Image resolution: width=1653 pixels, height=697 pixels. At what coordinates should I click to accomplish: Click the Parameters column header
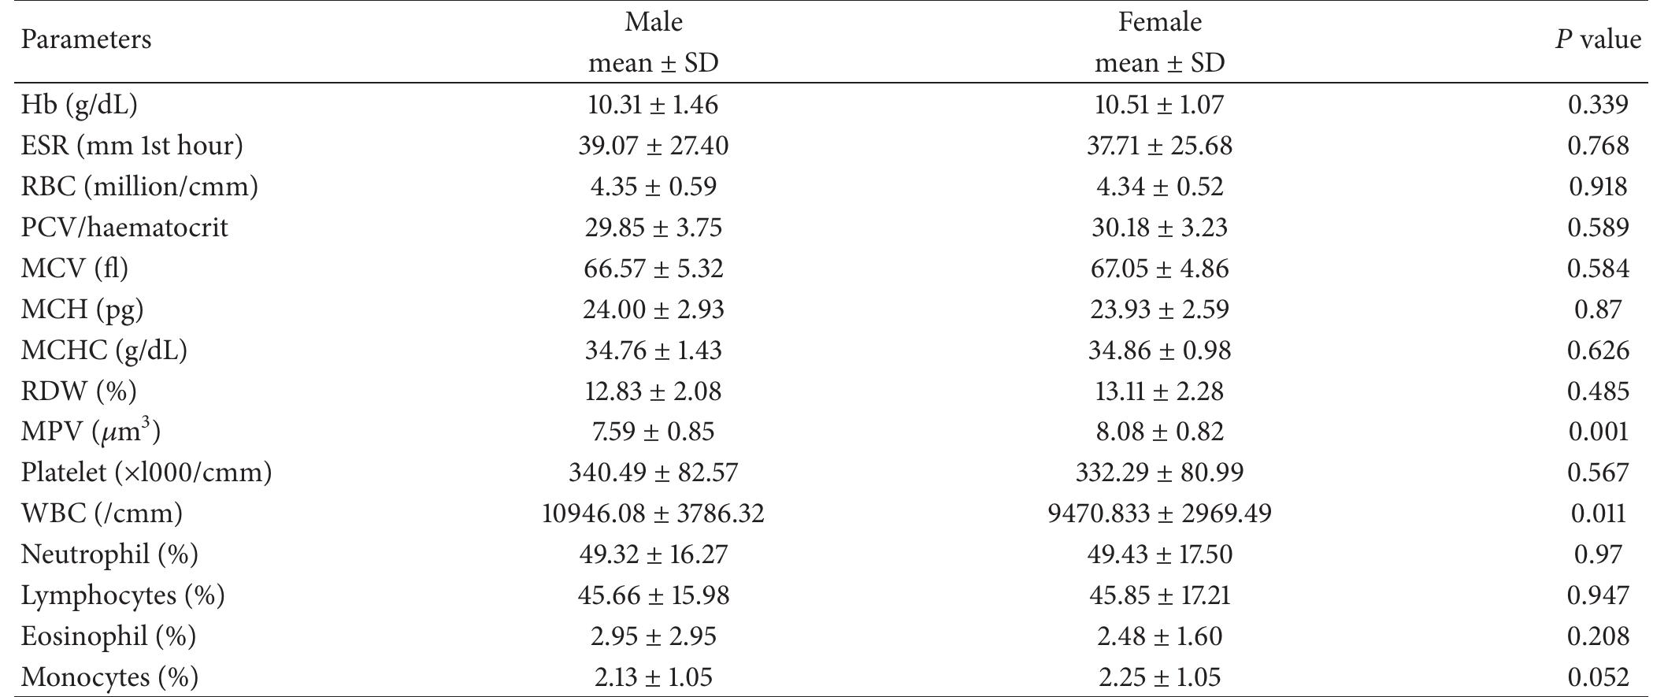[x=86, y=39]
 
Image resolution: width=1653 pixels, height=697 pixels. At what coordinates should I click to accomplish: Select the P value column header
[x=1598, y=39]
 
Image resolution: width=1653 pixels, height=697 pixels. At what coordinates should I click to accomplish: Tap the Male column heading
[x=653, y=22]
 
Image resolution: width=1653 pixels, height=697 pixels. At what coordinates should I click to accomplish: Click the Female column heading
[x=1159, y=22]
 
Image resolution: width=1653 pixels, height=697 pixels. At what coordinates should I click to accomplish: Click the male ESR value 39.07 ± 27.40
[x=653, y=146]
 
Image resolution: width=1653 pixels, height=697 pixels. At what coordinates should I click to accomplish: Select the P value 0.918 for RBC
[x=1598, y=187]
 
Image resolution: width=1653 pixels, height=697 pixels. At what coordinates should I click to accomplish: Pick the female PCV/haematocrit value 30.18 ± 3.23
[x=1159, y=228]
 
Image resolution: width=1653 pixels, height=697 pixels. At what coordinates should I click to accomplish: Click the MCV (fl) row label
[x=74, y=269]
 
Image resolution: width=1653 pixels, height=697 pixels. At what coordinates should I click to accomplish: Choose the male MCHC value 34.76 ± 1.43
[x=653, y=350]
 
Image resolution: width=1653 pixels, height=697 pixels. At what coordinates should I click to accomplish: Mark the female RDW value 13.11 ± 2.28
[x=1159, y=391]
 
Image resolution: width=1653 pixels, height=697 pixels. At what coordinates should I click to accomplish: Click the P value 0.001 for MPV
[x=1598, y=432]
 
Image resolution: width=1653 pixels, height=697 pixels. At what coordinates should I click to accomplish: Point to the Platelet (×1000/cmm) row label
[x=146, y=473]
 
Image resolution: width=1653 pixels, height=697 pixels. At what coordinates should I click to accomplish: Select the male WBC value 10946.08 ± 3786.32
[x=653, y=513]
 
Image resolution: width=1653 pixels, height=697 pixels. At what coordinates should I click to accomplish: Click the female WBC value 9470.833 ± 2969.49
[x=1159, y=513]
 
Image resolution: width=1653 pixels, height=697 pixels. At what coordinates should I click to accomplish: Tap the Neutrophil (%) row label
[x=109, y=554]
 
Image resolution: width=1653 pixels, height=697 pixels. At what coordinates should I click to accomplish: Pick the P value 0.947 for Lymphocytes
[x=1598, y=595]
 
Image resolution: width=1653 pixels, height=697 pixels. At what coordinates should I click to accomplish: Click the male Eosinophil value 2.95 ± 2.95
[x=653, y=636]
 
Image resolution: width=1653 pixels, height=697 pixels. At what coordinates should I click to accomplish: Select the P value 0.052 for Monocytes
[x=1598, y=677]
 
